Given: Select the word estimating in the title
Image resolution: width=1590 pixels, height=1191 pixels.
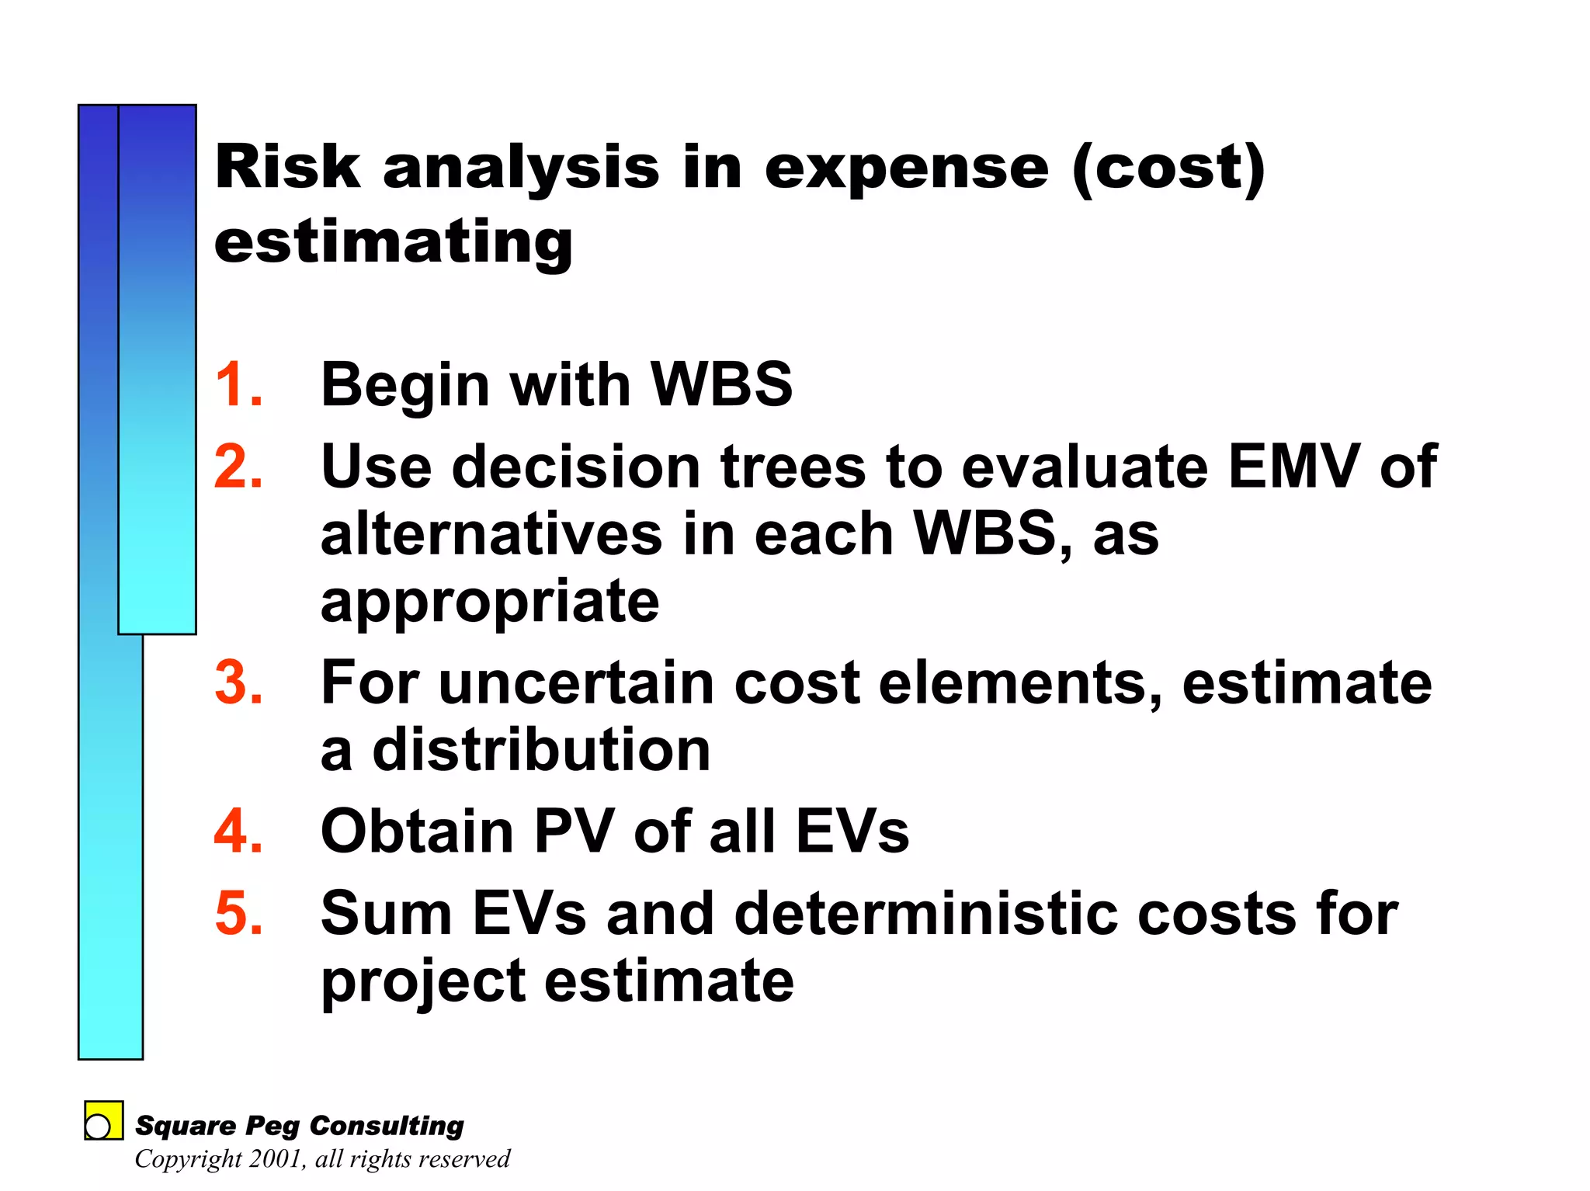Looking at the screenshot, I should coord(394,242).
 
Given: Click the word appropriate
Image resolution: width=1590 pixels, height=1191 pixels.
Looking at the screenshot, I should coord(490,602).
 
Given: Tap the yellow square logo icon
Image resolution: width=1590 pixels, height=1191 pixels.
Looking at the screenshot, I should coord(103,1120).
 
